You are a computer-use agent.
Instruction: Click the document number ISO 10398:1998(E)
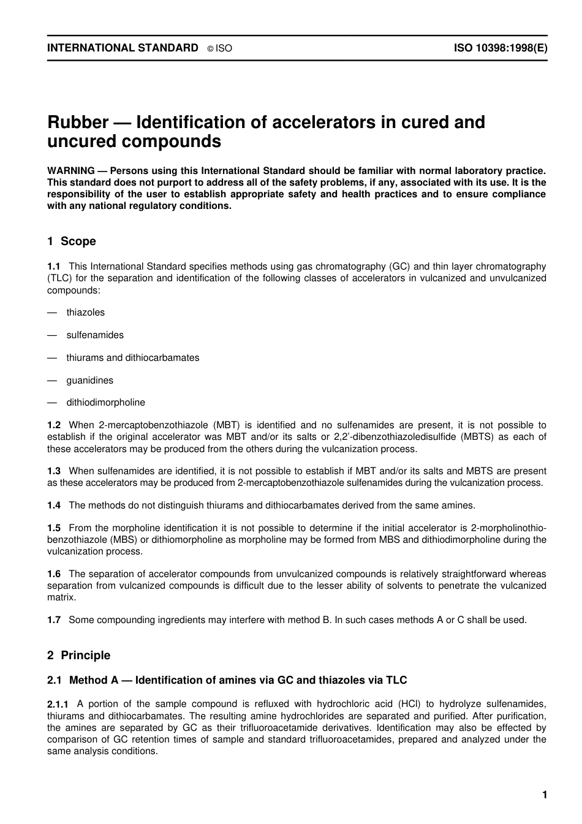pyautogui.click(x=500, y=48)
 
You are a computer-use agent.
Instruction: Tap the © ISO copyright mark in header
pyautogui.click(x=219, y=48)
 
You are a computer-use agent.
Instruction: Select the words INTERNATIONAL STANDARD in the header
pyautogui.click(x=123, y=48)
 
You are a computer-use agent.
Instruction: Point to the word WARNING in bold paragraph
pyautogui.click(x=70, y=171)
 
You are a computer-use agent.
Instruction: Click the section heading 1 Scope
pyautogui.click(x=72, y=241)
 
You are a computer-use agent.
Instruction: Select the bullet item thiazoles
pyautogui.click(x=85, y=312)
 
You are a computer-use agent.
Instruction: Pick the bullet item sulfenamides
pyautogui.click(x=95, y=335)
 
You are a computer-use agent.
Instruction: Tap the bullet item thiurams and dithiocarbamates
pyautogui.click(x=133, y=358)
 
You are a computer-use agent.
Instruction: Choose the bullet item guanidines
pyautogui.click(x=90, y=380)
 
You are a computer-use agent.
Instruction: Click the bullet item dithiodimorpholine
pyautogui.click(x=106, y=403)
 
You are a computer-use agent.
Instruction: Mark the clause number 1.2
pyautogui.click(x=54, y=425)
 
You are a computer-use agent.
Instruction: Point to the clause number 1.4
pyautogui.click(x=54, y=505)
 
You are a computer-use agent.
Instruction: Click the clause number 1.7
pyautogui.click(x=54, y=620)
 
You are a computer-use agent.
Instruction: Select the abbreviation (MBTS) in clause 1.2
pyautogui.click(x=475, y=437)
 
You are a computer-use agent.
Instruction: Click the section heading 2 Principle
pyautogui.click(x=79, y=656)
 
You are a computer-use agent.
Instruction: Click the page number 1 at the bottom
pyautogui.click(x=545, y=795)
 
